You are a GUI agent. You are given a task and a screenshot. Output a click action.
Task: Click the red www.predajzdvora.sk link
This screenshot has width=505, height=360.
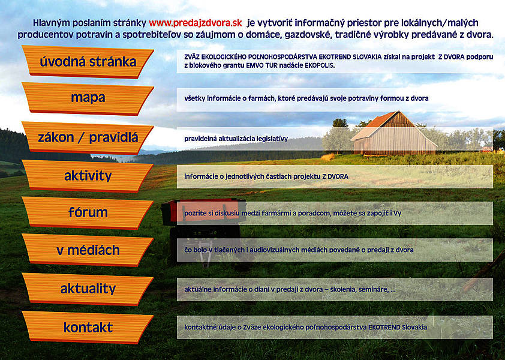click(x=195, y=23)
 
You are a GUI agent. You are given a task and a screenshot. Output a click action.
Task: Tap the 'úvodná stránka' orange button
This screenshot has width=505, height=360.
click(x=88, y=62)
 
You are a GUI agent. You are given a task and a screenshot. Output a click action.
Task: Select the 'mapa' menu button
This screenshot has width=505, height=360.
click(x=88, y=98)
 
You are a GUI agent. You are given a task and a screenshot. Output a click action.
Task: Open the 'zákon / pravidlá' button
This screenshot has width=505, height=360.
click(x=88, y=138)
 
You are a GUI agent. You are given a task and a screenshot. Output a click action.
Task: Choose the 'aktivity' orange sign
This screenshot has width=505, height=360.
click(x=88, y=176)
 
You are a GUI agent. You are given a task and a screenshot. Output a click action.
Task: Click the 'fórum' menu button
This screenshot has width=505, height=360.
click(x=88, y=213)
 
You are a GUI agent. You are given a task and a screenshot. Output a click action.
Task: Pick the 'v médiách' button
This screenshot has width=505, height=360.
click(x=88, y=250)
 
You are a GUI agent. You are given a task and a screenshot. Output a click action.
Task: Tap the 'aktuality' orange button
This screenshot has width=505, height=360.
click(x=88, y=289)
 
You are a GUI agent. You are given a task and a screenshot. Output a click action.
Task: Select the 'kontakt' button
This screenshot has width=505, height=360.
click(x=88, y=328)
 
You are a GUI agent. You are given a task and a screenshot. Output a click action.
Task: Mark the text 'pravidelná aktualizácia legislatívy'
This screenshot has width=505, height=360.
click(x=236, y=139)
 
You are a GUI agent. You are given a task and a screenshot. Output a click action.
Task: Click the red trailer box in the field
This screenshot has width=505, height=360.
click(x=203, y=212)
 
